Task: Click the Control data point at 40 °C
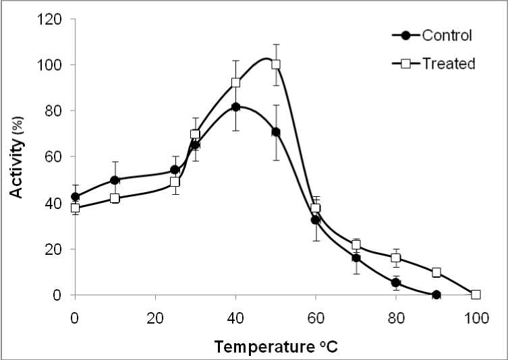click(x=235, y=107)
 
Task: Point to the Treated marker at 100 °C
click(x=476, y=295)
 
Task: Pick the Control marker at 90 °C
click(x=436, y=295)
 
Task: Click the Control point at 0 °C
click(x=75, y=197)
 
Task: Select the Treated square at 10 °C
click(x=115, y=198)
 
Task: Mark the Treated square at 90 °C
click(x=436, y=272)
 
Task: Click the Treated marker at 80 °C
click(x=396, y=258)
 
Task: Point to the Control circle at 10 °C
click(x=115, y=180)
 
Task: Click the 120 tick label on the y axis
click(x=54, y=20)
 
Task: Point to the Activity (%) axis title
click(x=16, y=158)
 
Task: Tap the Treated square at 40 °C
click(x=235, y=82)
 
